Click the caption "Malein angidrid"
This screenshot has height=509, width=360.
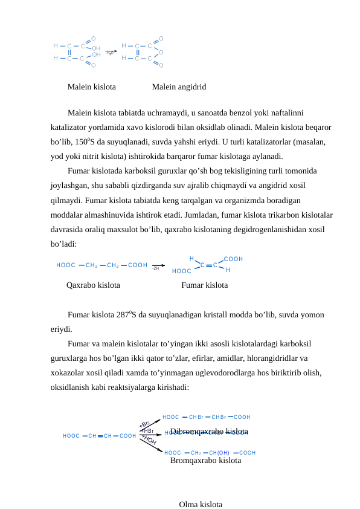(x=179, y=87)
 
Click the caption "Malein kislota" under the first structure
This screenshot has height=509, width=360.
(x=92, y=87)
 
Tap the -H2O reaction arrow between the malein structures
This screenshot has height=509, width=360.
(x=111, y=52)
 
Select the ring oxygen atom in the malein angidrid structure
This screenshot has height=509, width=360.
(x=161, y=52)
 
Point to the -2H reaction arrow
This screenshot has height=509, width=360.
(x=158, y=265)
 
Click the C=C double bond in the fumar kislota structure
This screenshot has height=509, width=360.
(x=208, y=265)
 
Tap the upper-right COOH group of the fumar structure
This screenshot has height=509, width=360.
(x=233, y=259)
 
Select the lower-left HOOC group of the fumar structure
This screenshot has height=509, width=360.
(x=182, y=271)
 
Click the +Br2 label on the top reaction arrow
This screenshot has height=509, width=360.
(x=146, y=424)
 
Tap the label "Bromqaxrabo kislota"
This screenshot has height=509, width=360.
(x=205, y=461)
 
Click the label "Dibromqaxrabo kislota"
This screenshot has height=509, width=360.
(x=209, y=431)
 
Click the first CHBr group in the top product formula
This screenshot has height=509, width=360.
(x=195, y=417)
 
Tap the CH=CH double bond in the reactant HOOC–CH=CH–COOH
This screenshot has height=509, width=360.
(x=100, y=435)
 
